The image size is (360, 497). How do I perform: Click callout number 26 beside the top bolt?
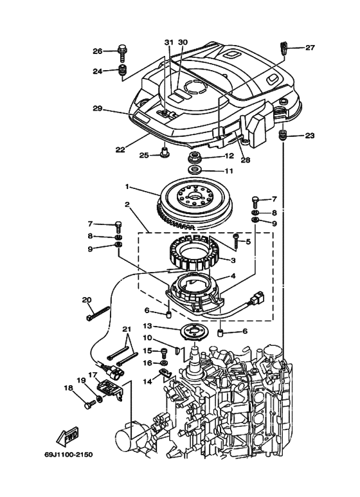click(98, 51)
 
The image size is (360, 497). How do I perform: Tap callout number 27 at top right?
click(310, 48)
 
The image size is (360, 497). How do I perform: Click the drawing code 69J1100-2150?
click(69, 455)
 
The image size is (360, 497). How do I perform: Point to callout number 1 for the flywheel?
click(128, 187)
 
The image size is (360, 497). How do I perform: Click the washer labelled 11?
click(194, 171)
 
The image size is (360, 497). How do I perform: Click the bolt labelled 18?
click(88, 406)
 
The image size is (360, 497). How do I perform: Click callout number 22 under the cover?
click(120, 150)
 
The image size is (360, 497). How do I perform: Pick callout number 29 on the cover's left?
click(98, 109)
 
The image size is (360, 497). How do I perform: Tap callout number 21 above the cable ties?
click(126, 329)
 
